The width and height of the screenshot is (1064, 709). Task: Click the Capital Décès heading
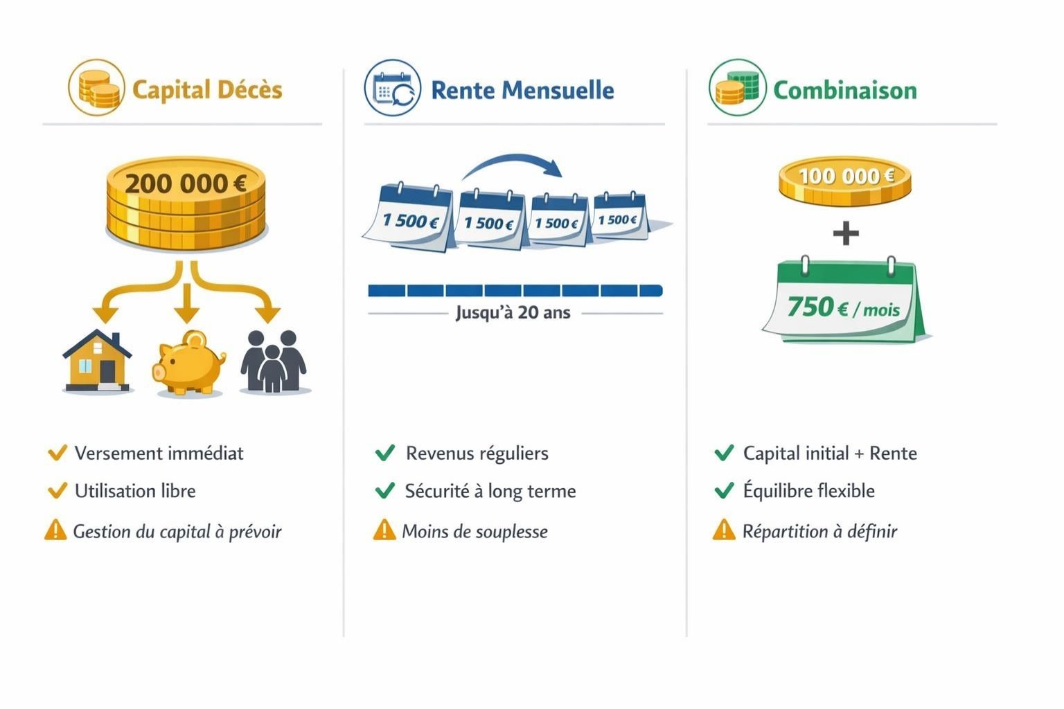coord(206,90)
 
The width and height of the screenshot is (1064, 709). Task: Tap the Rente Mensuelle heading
coord(522,90)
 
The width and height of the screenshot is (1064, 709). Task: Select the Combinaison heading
coord(844,90)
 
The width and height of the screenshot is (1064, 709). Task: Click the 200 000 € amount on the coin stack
coord(186,183)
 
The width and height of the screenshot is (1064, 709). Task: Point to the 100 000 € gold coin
coord(845,178)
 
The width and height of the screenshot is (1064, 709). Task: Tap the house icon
coord(98,361)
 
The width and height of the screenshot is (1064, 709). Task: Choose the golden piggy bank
coord(188,363)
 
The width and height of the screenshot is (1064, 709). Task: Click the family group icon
coord(274,361)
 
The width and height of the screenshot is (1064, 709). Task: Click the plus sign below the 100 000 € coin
coord(845,233)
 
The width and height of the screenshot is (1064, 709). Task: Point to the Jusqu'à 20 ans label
coord(513,313)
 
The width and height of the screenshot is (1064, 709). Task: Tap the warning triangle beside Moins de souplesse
coord(384,530)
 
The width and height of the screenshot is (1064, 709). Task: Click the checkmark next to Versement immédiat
coord(57,453)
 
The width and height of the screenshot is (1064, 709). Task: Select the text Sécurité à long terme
coord(490,491)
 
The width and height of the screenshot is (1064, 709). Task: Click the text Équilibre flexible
coord(808,491)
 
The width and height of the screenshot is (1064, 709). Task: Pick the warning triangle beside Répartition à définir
coord(723,530)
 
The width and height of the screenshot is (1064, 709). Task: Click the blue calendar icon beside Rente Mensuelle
coord(392,89)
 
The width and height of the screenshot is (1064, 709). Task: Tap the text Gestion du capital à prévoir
coord(177,532)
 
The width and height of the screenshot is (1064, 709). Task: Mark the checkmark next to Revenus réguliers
coord(384,453)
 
